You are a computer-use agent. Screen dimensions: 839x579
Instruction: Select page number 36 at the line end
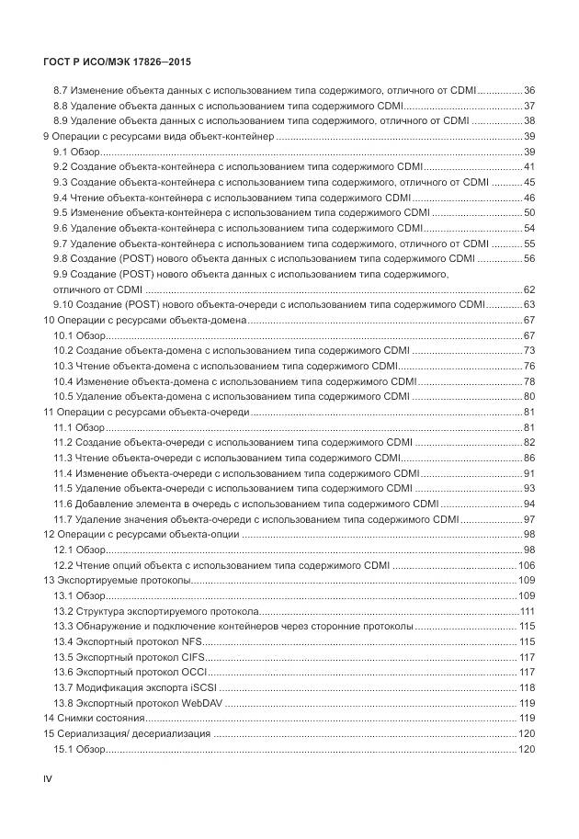point(529,90)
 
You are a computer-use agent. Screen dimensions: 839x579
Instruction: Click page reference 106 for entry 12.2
point(527,565)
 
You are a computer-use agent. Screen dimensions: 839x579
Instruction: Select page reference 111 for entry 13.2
point(528,611)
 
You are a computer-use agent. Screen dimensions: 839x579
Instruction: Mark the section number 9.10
point(64,304)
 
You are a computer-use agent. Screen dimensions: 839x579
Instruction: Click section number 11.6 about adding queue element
point(63,504)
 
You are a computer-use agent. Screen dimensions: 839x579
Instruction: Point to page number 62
point(529,289)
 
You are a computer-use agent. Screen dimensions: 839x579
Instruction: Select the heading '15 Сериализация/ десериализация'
point(128,734)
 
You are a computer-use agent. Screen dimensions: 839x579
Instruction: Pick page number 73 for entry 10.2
point(529,350)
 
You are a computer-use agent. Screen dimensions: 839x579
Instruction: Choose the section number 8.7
point(61,90)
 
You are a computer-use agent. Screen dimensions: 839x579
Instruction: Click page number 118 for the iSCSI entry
point(528,687)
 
